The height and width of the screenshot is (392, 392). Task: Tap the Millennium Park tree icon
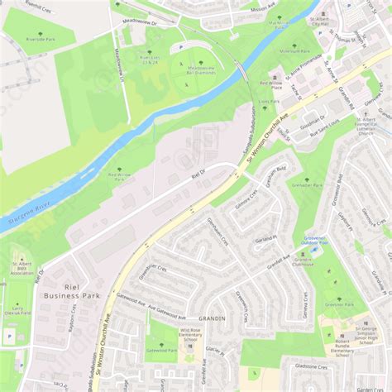click(294, 45)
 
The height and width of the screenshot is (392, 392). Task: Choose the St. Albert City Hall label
click(320, 21)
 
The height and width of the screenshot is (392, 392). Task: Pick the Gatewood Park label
click(160, 349)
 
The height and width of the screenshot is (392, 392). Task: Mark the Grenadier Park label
click(306, 186)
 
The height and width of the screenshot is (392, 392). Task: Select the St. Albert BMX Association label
click(22, 269)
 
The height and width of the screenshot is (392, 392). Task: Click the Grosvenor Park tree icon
click(339, 299)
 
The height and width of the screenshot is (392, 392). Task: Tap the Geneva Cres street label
click(308, 308)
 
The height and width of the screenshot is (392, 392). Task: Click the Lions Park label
click(268, 102)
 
